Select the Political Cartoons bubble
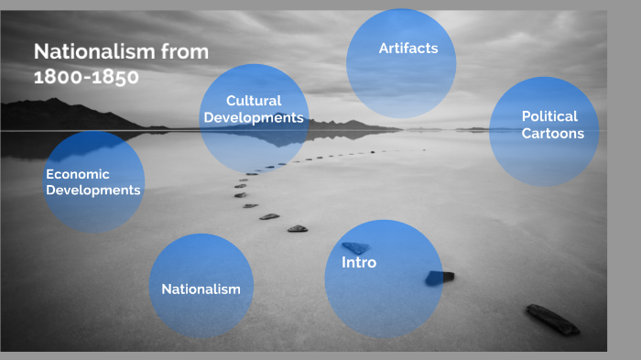[x=544, y=131]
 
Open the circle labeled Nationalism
[x=201, y=287]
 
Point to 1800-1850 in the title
[x=86, y=77]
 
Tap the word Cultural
[x=254, y=100]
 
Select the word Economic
[x=78, y=173]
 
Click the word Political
[x=549, y=116]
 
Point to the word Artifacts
[x=408, y=48]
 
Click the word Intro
[x=359, y=263]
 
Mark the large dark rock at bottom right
[x=552, y=319]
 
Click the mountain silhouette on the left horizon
[x=55, y=115]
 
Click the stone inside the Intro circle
[x=355, y=246]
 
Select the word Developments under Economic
[x=93, y=191]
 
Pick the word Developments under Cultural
[x=254, y=117]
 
